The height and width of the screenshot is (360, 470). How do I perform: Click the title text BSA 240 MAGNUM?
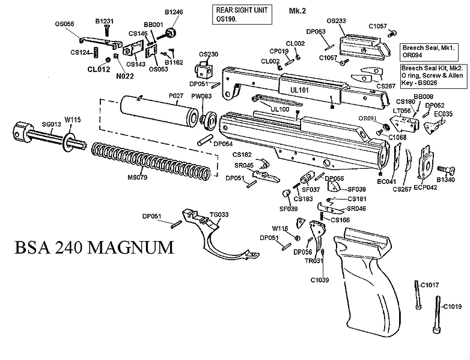[91, 247]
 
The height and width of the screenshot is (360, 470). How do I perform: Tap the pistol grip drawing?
[367, 288]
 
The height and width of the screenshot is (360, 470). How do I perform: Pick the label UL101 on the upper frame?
[299, 89]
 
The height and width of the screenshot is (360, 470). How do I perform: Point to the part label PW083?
[201, 96]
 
